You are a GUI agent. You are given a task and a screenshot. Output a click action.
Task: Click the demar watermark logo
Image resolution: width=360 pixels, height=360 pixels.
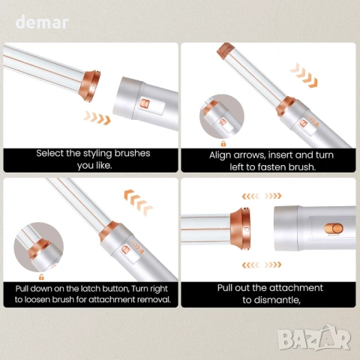click(42, 22)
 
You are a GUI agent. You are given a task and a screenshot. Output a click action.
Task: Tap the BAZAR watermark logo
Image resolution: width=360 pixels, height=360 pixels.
click(314, 338)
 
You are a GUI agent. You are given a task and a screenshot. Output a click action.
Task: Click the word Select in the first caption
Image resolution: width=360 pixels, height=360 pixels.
click(49, 153)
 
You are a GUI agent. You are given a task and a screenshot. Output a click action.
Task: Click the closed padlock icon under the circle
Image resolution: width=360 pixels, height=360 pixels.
click(223, 143)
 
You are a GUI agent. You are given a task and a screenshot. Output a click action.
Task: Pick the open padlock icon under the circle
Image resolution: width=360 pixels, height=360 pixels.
click(41, 277)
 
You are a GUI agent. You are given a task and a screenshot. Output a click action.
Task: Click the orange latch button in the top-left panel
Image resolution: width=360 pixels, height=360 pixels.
click(145, 104)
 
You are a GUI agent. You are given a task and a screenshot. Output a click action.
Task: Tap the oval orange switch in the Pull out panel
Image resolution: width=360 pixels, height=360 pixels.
click(334, 229)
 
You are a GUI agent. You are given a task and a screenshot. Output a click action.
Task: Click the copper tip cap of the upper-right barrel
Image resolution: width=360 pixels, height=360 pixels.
click(224, 50)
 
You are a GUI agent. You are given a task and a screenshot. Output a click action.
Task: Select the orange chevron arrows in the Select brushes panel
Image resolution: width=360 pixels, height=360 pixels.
click(97, 118)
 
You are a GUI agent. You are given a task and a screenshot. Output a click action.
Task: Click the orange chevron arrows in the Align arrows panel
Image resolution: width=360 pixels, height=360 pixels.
click(304, 75)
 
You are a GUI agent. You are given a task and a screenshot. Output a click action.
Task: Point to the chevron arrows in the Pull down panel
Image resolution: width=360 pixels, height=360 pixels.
click(138, 202)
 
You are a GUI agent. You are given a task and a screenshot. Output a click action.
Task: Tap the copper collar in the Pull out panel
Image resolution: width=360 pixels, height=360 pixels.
click(240, 228)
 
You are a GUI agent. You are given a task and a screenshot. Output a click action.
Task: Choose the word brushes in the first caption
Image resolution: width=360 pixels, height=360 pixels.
click(132, 153)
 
